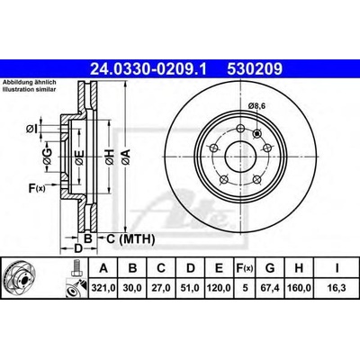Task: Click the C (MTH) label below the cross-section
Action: pos(121,238)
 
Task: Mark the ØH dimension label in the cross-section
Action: pos(109,159)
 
